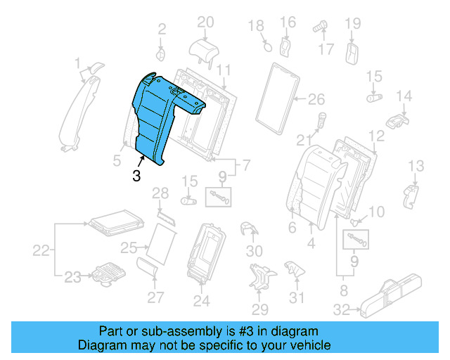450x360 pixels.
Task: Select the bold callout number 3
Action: tap(136, 176)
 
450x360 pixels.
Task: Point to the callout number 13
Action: tap(416, 166)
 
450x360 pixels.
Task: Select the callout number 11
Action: tap(224, 70)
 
